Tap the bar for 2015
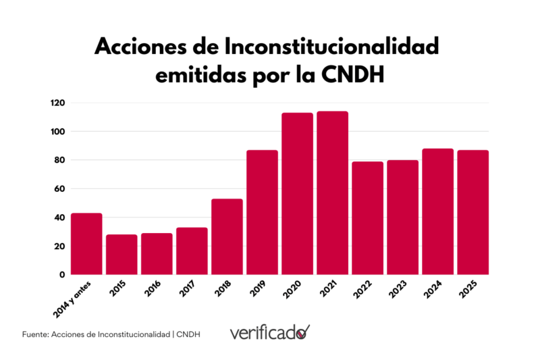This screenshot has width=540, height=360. [x=122, y=255]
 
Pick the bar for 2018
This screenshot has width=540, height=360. [x=227, y=236]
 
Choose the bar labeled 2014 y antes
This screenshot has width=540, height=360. [x=86, y=244]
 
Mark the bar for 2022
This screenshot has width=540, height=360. [x=368, y=218]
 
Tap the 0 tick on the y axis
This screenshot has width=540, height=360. [x=61, y=275]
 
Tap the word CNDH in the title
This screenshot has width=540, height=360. [x=348, y=75]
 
